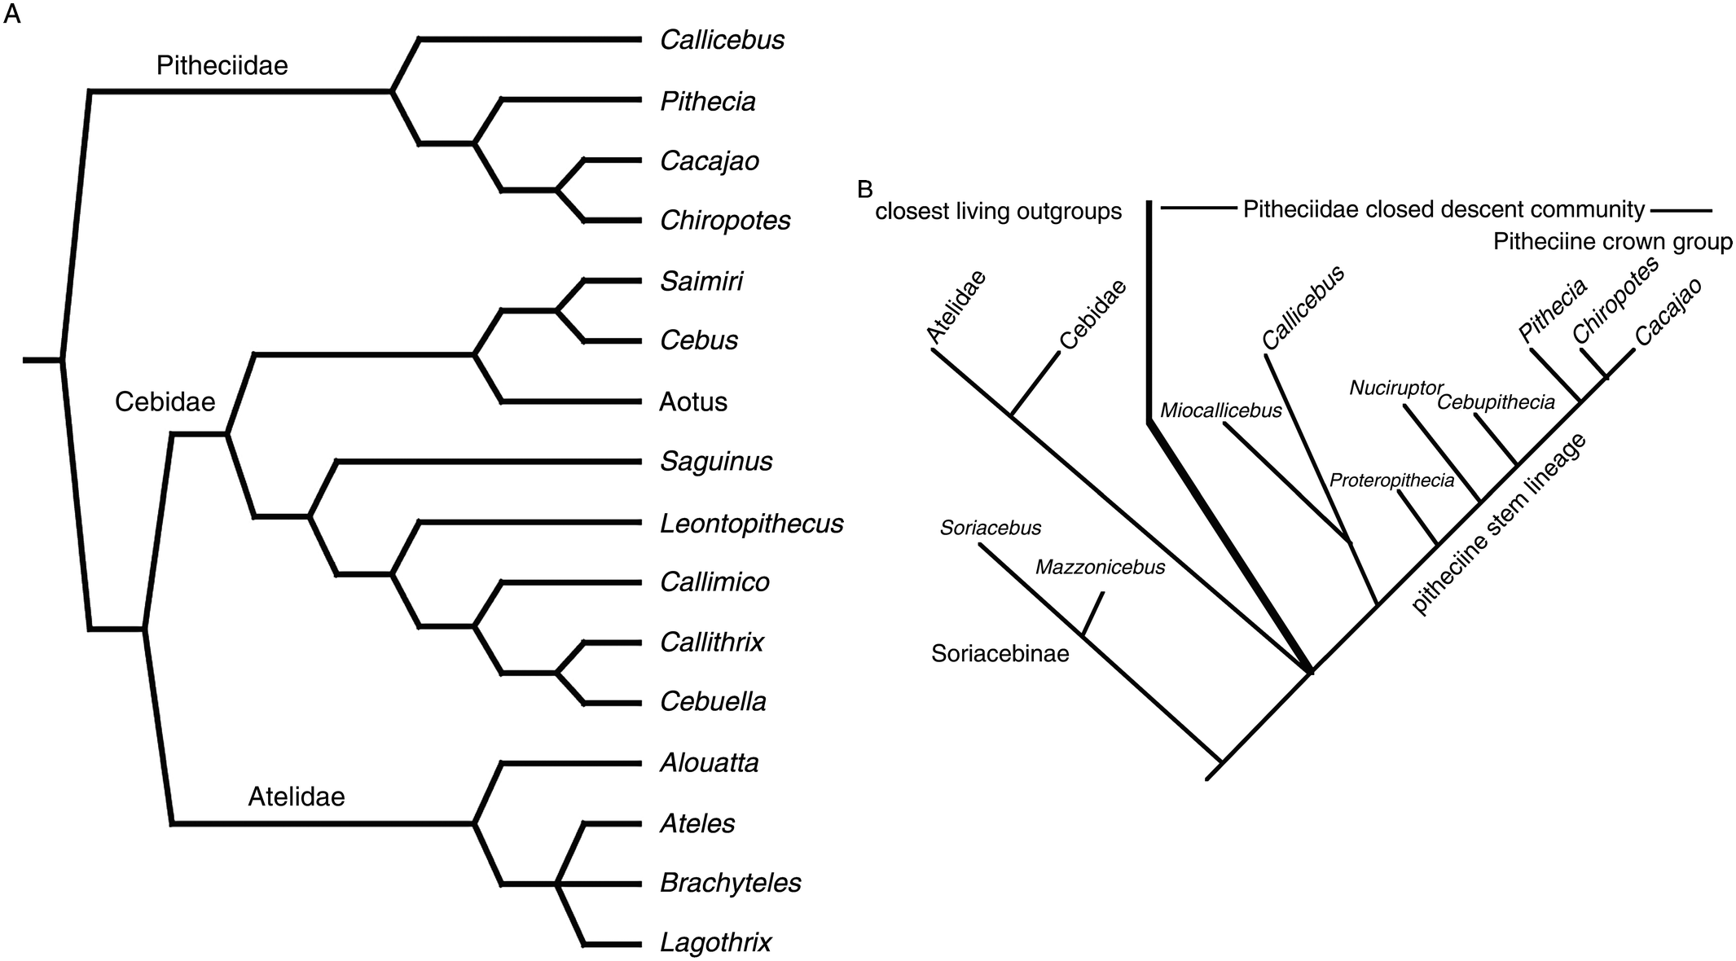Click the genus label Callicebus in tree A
click(722, 40)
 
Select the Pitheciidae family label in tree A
click(222, 65)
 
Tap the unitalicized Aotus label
click(692, 402)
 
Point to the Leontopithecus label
click(751, 523)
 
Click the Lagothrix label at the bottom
click(715, 943)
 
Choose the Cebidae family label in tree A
click(165, 402)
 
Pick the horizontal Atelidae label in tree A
click(296, 796)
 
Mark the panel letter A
click(11, 15)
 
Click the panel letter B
click(865, 190)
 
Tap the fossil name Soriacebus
click(990, 528)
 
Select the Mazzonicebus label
click(1100, 567)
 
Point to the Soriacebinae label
click(1000, 653)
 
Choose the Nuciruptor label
click(1395, 388)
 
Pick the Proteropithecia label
click(1391, 480)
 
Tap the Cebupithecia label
click(1496, 402)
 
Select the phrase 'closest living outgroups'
click(998, 212)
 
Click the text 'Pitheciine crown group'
click(1612, 242)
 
